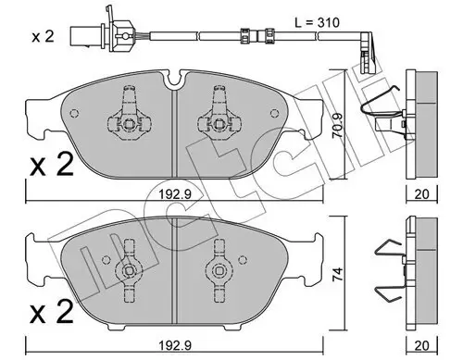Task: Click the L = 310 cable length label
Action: (x=317, y=22)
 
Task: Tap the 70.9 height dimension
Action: (x=338, y=126)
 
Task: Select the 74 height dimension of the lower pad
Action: (x=337, y=274)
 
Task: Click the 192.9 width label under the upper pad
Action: (x=175, y=194)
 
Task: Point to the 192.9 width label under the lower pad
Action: (x=175, y=346)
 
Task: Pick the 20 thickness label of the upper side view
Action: (x=421, y=194)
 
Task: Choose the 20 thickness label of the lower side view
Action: (x=421, y=346)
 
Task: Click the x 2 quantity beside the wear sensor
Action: (x=44, y=37)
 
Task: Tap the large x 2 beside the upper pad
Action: (x=52, y=165)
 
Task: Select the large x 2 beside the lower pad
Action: (x=52, y=311)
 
